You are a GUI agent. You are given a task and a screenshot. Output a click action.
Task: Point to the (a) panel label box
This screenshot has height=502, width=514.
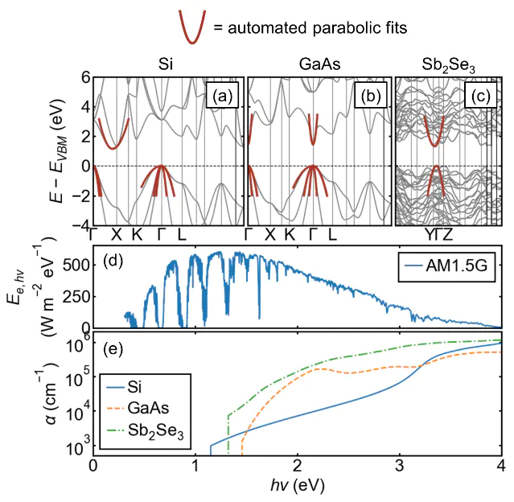point(221,97)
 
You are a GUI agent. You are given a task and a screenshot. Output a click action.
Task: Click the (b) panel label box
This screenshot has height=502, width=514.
point(372,97)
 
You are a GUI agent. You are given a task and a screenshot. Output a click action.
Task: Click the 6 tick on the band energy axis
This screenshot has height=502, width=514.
point(84,78)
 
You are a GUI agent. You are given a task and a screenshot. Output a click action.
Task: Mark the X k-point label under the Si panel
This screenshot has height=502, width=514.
point(116,235)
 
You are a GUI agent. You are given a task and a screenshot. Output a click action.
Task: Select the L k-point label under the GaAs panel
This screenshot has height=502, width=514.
point(331,235)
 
